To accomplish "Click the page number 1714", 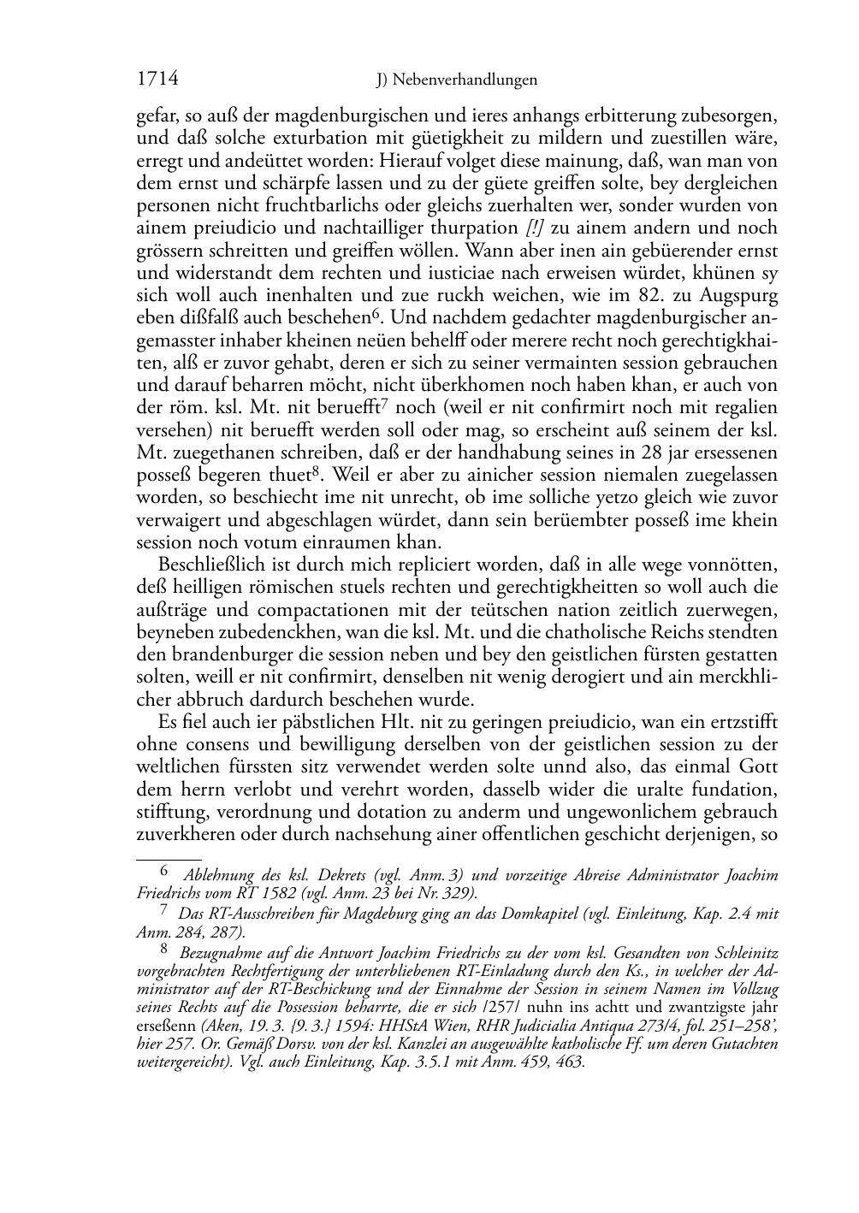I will pyautogui.click(x=157, y=80).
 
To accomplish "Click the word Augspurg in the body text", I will pyautogui.click(x=742, y=295).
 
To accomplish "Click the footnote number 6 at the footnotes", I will pyautogui.click(x=167, y=873).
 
